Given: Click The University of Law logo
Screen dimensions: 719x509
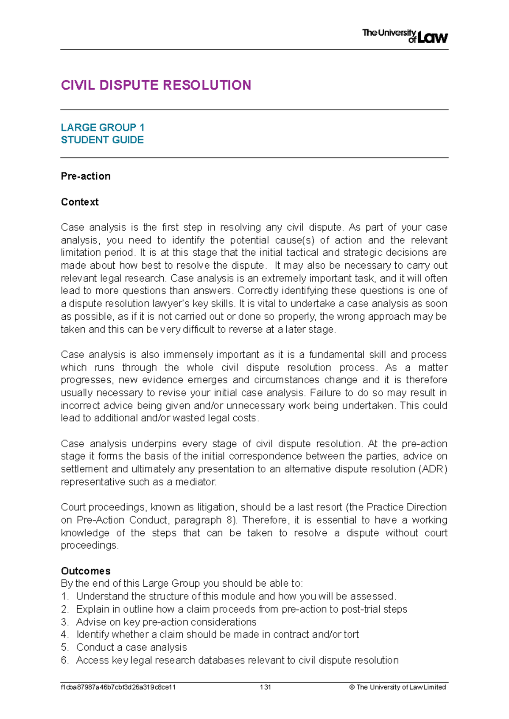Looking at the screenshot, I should [405, 36].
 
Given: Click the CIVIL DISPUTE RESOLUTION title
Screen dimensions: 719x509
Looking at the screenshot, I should [156, 85].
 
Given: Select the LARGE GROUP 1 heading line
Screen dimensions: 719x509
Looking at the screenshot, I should [103, 127].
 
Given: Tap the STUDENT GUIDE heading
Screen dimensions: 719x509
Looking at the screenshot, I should [102, 140].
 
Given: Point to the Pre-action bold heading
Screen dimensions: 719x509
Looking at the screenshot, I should [86, 176].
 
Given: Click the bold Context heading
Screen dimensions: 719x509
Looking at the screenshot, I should [80, 202].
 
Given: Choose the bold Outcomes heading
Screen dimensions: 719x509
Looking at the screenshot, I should [86, 571].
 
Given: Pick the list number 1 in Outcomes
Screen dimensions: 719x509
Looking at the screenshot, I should [64, 596].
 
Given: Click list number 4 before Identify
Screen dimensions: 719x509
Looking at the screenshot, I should [64, 635].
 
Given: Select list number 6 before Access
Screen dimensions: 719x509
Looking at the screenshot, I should [64, 660].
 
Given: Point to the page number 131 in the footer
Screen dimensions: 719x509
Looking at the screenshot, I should [266, 687].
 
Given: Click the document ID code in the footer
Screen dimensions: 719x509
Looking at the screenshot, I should [118, 687].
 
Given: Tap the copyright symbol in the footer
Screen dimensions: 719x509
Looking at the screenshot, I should [352, 687].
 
